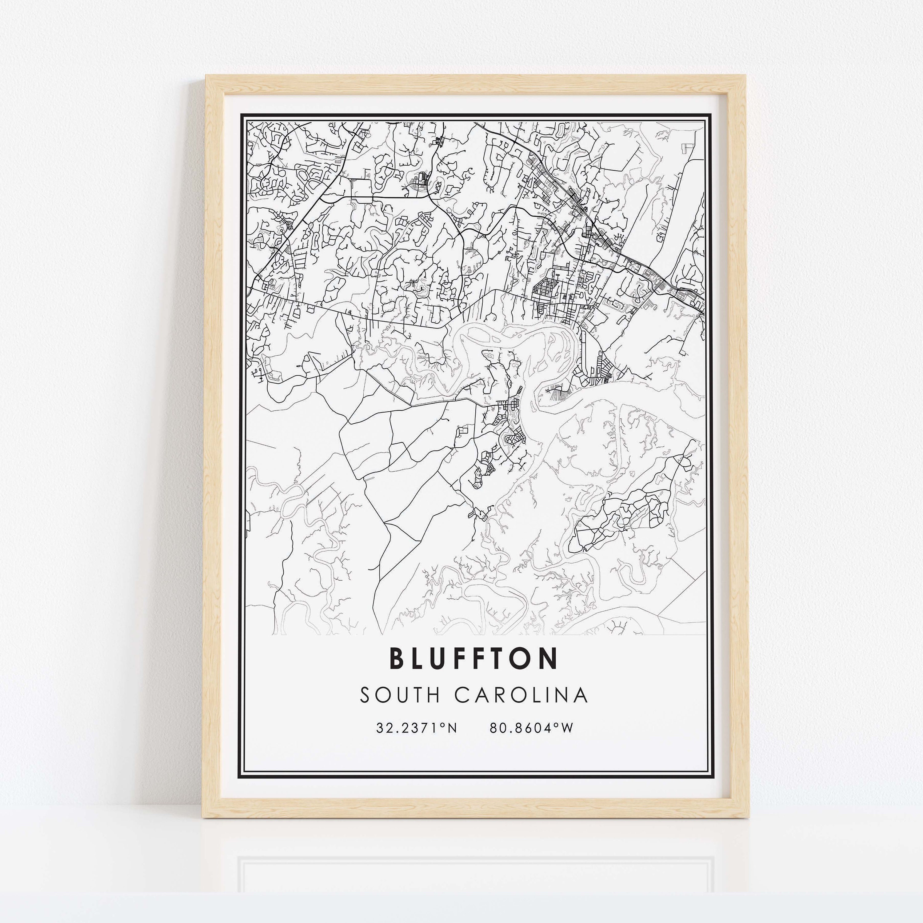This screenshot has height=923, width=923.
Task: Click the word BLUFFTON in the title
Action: [x=474, y=658]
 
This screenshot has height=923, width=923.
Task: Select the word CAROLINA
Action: [x=521, y=696]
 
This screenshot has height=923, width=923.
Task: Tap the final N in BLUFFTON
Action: [x=549, y=658]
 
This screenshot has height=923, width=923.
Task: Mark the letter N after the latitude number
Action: [x=452, y=728]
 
